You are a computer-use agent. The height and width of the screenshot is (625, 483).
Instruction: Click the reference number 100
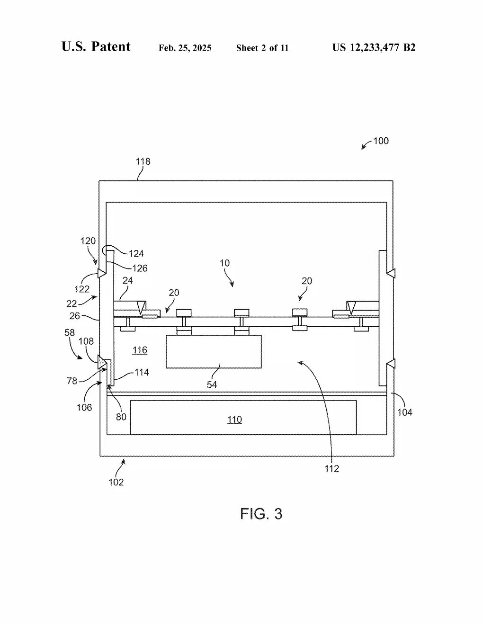click(x=381, y=141)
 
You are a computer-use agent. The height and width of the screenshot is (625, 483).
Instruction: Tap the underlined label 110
click(x=234, y=420)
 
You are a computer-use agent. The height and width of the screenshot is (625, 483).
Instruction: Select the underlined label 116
click(x=140, y=350)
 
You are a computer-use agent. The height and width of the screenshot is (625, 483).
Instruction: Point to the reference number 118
click(x=143, y=161)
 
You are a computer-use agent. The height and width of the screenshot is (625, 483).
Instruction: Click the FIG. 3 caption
click(x=261, y=514)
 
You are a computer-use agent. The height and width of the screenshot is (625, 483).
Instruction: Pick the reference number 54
click(x=212, y=384)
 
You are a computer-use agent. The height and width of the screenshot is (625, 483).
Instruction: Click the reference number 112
click(x=331, y=469)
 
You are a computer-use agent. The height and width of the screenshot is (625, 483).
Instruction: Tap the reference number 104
click(x=404, y=412)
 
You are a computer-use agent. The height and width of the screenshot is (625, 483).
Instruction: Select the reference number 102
click(x=116, y=482)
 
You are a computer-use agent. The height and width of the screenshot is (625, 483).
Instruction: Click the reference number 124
click(x=136, y=254)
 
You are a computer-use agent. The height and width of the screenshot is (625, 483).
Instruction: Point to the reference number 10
click(x=224, y=263)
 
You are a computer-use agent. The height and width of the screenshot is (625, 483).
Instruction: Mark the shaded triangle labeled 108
click(x=102, y=362)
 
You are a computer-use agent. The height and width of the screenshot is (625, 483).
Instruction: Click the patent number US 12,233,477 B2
click(x=374, y=47)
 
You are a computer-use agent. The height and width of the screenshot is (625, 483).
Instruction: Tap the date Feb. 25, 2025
click(x=185, y=48)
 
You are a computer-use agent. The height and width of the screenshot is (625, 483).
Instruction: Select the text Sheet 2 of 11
click(x=262, y=48)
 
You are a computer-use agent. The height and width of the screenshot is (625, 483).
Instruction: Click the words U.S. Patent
click(x=96, y=46)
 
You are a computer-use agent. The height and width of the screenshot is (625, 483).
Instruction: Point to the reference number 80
click(x=121, y=417)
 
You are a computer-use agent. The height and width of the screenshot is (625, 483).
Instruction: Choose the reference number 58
click(x=69, y=332)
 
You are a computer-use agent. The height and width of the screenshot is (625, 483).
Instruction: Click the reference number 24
click(x=128, y=280)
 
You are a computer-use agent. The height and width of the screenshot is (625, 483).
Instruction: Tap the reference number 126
click(x=140, y=268)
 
